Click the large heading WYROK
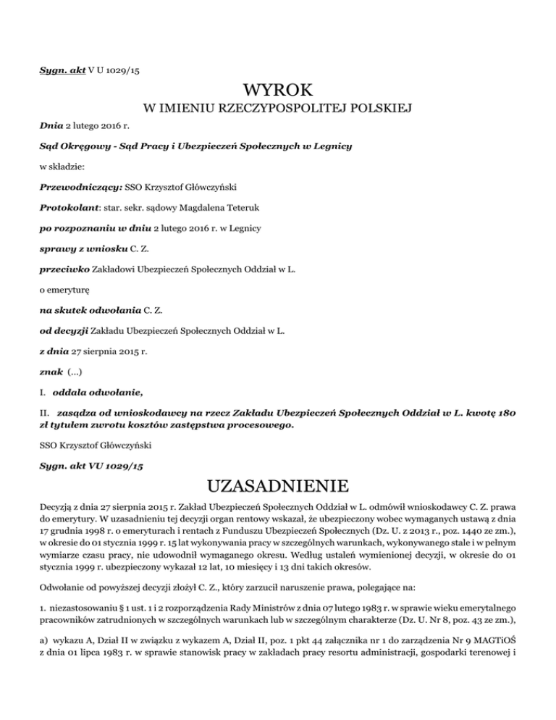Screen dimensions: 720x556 coord(278,91)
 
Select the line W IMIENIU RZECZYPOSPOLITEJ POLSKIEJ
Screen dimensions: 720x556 coord(278,109)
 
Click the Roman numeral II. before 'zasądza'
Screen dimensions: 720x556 coord(43,413)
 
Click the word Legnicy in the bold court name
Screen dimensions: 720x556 coord(331,146)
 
